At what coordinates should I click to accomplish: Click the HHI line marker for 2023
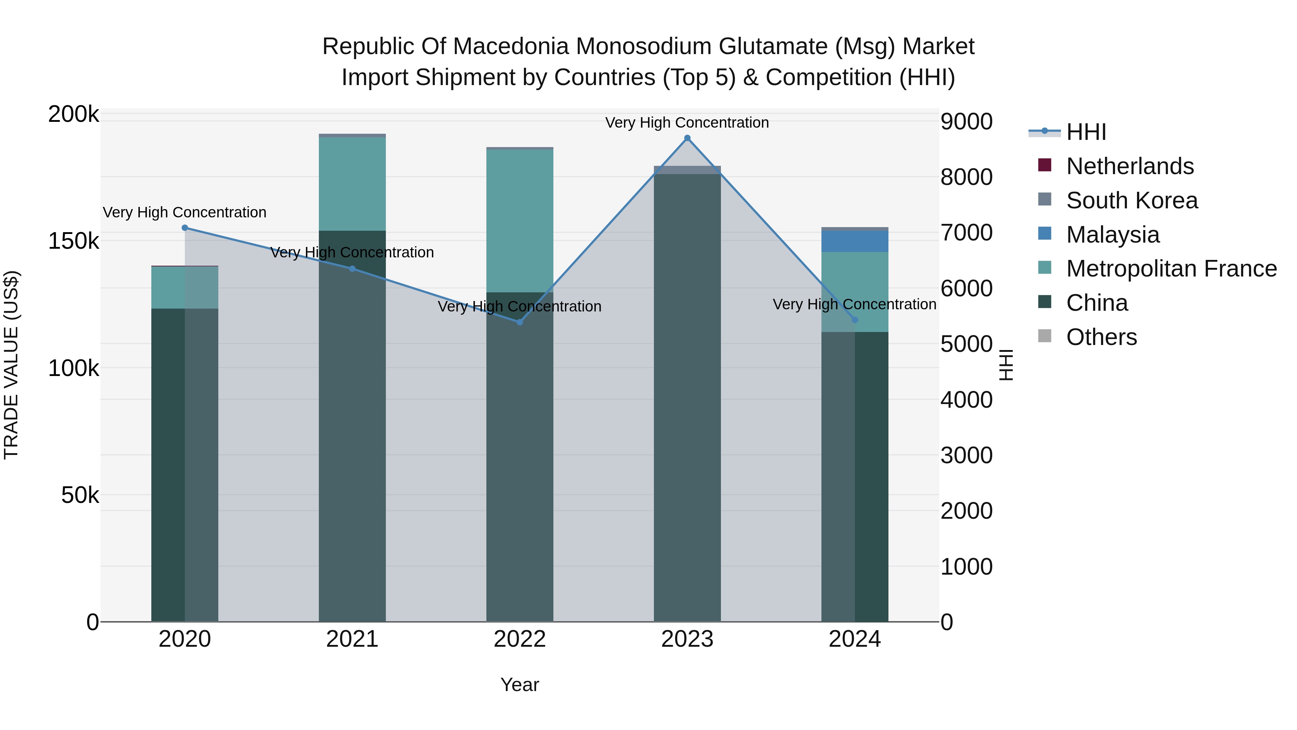click(x=687, y=138)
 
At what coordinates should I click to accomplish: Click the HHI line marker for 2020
click(x=185, y=228)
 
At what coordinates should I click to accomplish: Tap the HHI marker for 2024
click(x=855, y=320)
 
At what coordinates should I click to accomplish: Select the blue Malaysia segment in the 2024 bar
click(x=855, y=241)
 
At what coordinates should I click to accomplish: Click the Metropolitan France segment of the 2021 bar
click(x=352, y=184)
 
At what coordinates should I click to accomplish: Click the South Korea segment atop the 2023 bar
click(x=687, y=170)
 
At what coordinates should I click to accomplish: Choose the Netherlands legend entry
click(x=1129, y=166)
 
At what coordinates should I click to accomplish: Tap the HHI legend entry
click(x=1086, y=132)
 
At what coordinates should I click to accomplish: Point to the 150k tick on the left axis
click(x=73, y=241)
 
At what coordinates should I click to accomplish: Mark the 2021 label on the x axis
click(x=352, y=639)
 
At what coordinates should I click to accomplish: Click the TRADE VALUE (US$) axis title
click(x=11, y=365)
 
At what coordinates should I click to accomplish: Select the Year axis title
click(x=520, y=685)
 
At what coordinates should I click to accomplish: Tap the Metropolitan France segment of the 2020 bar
click(x=185, y=287)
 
